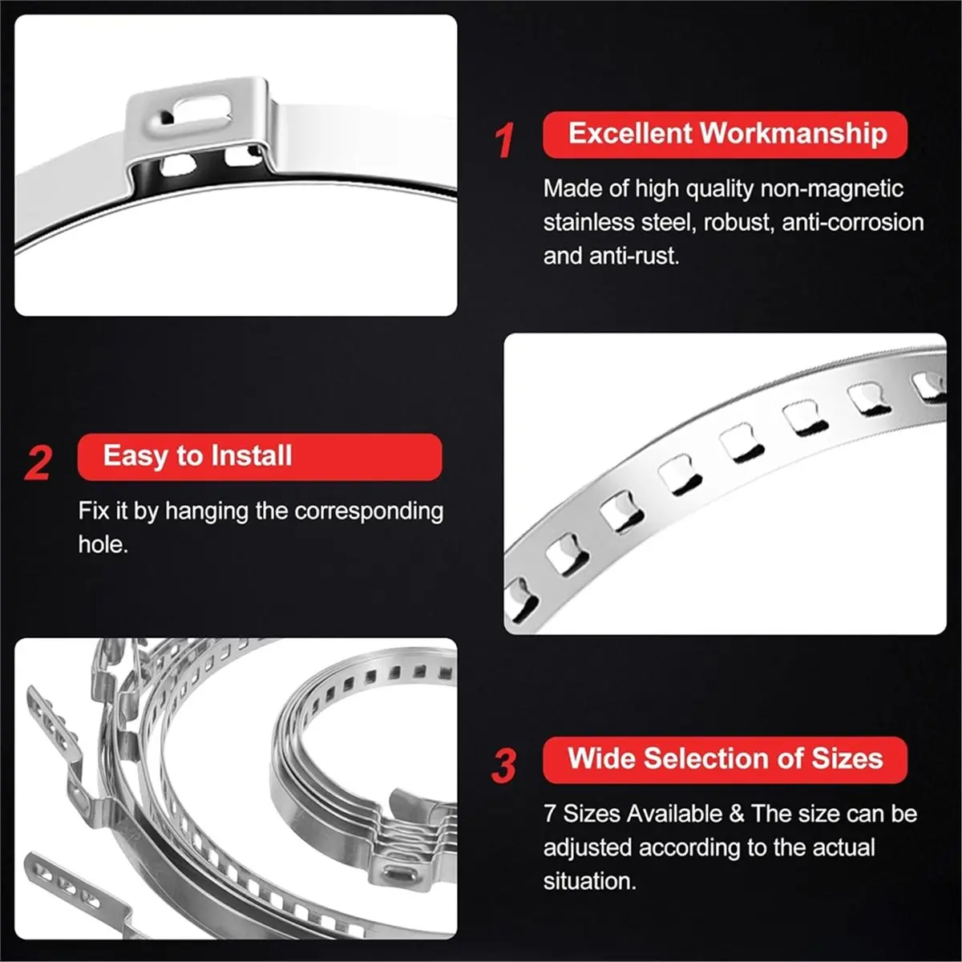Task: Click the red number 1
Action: click(504, 140)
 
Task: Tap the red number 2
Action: click(38, 463)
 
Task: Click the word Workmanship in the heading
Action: click(794, 133)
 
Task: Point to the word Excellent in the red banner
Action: click(630, 133)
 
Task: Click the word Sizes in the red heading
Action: click(847, 758)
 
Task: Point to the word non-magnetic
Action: click(831, 189)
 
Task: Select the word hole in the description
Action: click(102, 544)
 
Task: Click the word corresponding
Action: click(369, 511)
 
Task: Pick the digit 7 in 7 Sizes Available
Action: click(550, 814)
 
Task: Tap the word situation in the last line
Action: click(589, 881)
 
